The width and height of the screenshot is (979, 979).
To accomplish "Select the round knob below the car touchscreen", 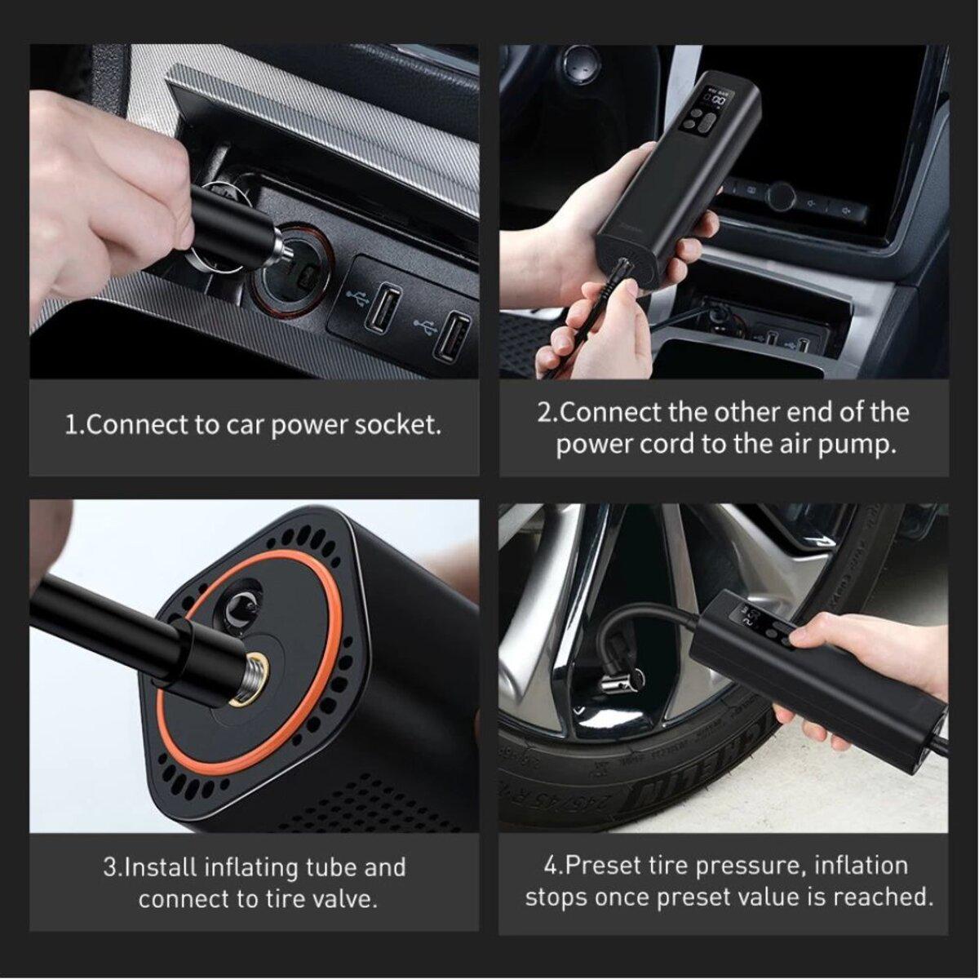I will [x=781, y=196].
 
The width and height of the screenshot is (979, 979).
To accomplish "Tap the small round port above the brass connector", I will [x=241, y=605].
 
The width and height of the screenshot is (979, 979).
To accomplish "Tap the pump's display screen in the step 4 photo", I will [x=755, y=617].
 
